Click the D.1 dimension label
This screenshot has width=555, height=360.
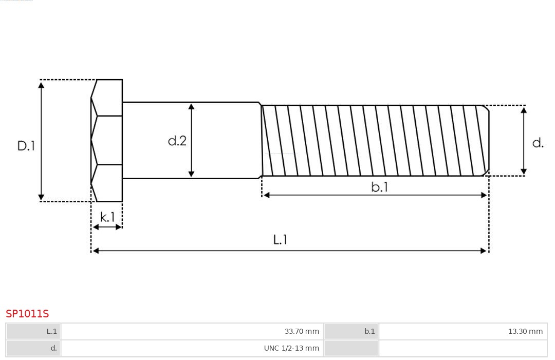tap(26, 146)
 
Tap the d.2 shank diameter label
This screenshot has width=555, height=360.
tap(177, 141)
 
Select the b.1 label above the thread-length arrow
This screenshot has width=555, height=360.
tap(379, 187)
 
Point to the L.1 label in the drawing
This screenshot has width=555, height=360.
tap(280, 240)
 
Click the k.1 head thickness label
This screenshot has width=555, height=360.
tap(107, 217)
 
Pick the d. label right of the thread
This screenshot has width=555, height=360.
tap(538, 143)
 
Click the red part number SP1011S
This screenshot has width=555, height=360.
tap(27, 314)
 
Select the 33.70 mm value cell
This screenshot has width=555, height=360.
tap(302, 331)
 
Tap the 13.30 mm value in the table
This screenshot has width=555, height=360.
tap(525, 331)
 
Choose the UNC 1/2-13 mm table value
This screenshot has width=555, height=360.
tap(291, 348)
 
